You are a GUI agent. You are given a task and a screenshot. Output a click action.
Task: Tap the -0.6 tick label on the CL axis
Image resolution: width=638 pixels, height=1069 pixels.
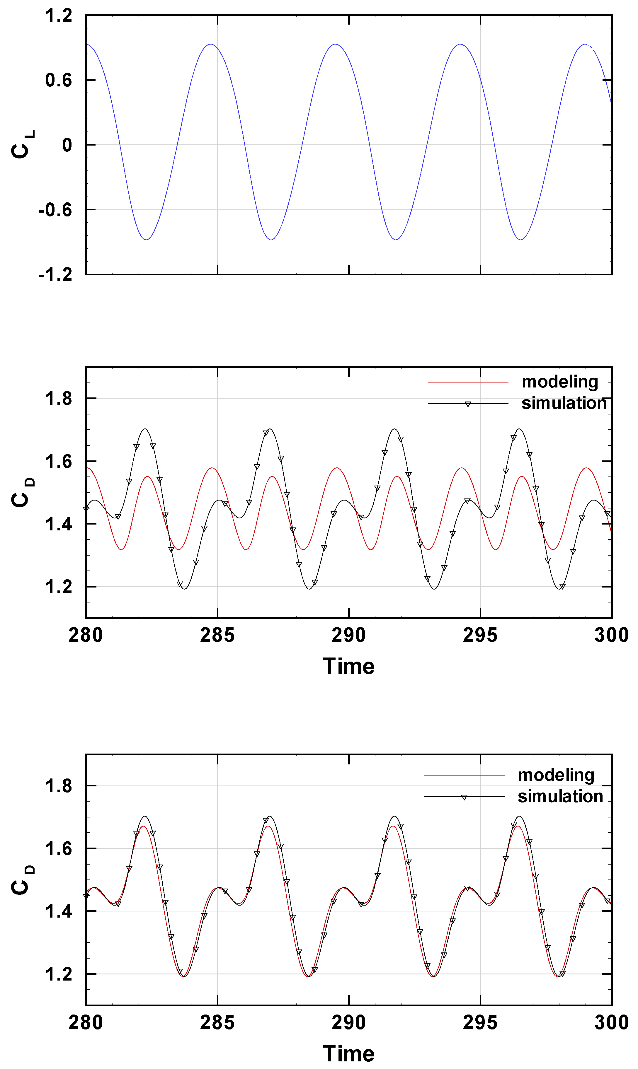(x=55, y=210)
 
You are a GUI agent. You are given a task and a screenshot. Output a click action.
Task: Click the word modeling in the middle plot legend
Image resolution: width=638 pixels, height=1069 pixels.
(x=559, y=382)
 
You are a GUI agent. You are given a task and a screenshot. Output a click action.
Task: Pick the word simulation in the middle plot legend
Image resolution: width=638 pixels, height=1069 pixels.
(x=564, y=403)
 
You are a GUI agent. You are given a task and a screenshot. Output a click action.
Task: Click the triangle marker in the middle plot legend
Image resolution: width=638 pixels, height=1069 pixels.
(x=468, y=404)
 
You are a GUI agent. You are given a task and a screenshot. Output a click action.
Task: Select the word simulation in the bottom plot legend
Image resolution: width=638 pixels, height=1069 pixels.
(x=560, y=796)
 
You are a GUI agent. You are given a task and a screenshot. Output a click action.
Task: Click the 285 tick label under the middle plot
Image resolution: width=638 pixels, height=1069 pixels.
(x=217, y=635)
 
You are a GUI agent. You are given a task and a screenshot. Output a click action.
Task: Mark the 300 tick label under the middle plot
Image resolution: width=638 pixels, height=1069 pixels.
(x=611, y=635)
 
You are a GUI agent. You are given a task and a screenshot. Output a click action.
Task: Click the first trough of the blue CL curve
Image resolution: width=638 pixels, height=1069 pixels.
(x=147, y=239)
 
